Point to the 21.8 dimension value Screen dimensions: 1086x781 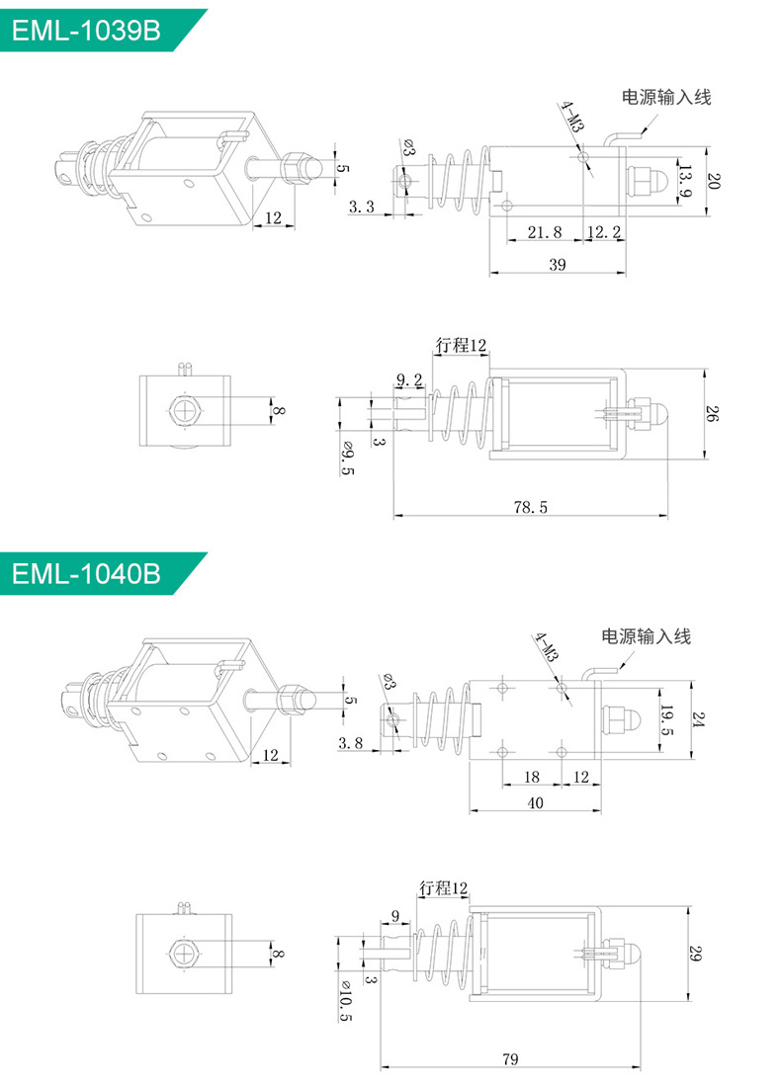click(x=545, y=232)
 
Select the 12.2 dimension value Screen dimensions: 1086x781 click(x=603, y=232)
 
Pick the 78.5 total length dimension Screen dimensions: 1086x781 click(x=530, y=507)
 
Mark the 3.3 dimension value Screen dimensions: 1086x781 click(x=362, y=207)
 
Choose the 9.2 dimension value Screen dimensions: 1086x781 click(x=409, y=379)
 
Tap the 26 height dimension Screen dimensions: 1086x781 click(x=714, y=415)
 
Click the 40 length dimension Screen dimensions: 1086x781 click(x=535, y=803)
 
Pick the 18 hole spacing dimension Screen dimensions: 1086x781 click(x=531, y=778)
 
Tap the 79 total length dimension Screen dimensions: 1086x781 click(x=510, y=1059)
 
